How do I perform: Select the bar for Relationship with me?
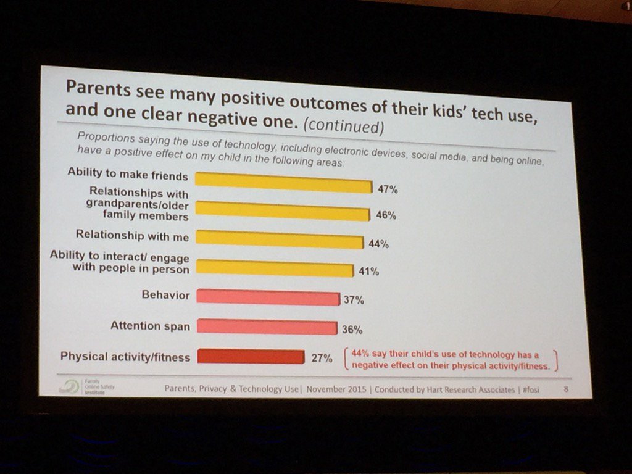279,239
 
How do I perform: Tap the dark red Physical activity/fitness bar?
250,356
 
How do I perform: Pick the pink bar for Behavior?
267,297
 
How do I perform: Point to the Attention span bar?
266,326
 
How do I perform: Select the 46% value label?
386,216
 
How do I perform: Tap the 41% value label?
370,272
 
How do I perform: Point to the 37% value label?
354,301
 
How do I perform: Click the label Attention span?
150,325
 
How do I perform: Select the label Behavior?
166,295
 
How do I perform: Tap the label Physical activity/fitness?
125,356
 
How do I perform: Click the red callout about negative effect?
449,360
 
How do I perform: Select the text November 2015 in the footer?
337,389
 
